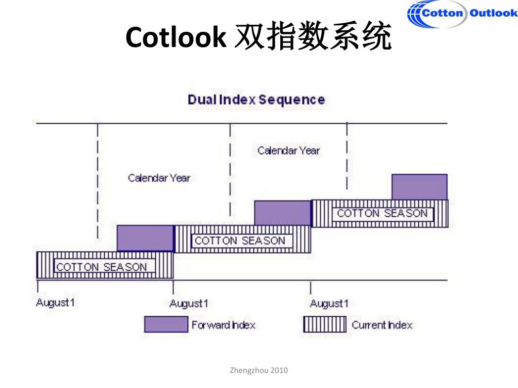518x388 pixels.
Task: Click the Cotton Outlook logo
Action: [462, 14]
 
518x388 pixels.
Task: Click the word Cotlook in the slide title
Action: [175, 38]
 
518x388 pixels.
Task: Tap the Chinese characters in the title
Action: [313, 38]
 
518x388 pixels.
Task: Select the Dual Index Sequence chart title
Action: [256, 100]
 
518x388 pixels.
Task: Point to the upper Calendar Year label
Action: [288, 150]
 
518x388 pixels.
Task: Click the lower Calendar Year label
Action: [159, 178]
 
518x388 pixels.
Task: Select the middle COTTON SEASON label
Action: [240, 240]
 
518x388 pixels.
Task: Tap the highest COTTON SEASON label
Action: [382, 213]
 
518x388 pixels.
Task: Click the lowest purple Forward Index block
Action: [145, 238]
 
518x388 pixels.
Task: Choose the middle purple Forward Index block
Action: [282, 213]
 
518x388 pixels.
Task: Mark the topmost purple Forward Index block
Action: [419, 187]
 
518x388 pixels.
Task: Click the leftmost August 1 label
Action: [56, 303]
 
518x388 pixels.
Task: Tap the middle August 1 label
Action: [189, 304]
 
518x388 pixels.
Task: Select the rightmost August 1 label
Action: [329, 304]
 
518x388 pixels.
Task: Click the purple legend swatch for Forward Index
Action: [165, 324]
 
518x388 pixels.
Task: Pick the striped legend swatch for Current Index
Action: [325, 324]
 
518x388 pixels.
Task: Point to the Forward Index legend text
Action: [223, 325]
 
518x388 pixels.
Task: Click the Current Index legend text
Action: [382, 325]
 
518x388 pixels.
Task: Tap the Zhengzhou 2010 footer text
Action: [258, 370]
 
